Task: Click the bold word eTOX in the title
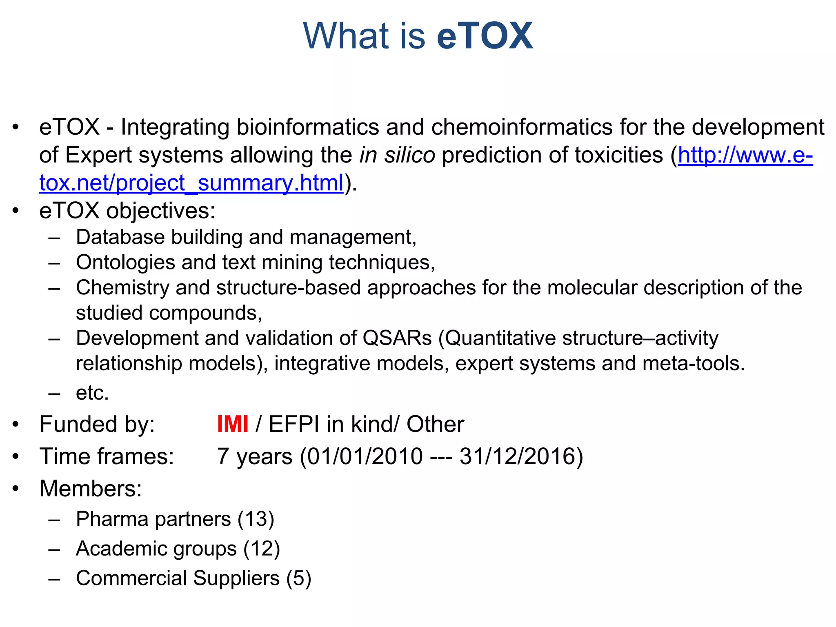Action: coord(485,36)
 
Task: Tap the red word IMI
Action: coord(232,424)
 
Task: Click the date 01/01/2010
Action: coord(365,456)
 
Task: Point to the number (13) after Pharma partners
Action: coord(256,519)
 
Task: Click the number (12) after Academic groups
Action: coord(262,549)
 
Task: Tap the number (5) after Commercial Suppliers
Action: coord(298,578)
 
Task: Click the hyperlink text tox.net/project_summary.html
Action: coord(191,183)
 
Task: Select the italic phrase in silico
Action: coord(397,155)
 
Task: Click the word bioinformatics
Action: coord(308,127)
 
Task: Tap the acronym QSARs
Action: coord(397,338)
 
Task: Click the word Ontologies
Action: coord(125,262)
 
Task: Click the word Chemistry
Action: coord(122,288)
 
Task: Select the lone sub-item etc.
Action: coord(92,393)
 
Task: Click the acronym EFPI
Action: coord(294,424)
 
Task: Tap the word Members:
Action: coord(91,489)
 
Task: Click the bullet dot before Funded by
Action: coord(16,424)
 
